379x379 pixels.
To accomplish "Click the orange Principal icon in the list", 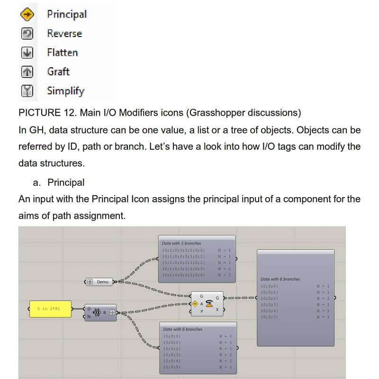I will pos(27,15).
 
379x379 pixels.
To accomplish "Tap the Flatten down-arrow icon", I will pos(27,53).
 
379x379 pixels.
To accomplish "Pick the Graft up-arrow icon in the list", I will pos(27,72).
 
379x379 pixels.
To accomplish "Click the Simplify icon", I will pos(27,91).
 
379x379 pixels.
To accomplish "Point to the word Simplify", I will pos(65,91).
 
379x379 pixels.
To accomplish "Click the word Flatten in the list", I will pos(62,53).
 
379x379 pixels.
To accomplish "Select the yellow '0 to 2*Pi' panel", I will pos(50,309).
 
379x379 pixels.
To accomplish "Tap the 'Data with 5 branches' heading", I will pos(181,243).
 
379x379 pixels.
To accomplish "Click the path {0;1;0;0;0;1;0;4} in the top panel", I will pos(183,275).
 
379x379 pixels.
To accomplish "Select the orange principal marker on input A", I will pos(195,304).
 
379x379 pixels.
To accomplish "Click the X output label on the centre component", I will pos(217,309).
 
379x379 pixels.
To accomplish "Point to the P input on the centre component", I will pos(202,311).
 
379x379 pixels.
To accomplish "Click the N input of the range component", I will pos(88,316).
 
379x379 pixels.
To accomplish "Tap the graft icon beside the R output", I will pos(112,313).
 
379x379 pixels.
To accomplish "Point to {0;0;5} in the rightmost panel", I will pos(269,316).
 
